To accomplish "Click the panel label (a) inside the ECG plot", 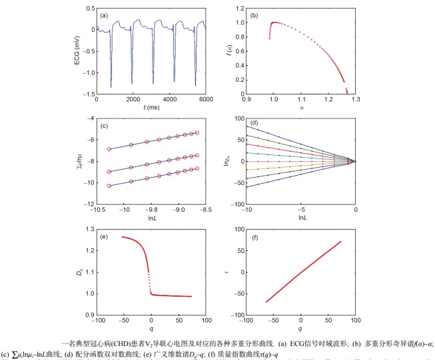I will click(x=104, y=15).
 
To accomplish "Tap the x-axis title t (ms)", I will click(x=153, y=106).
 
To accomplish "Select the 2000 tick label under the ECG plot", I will click(x=135, y=98).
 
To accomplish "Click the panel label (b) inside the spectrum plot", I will click(x=253, y=15).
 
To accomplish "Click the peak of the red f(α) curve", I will click(x=274, y=23).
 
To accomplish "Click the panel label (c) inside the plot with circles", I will click(x=104, y=126).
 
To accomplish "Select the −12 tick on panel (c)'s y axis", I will click(x=89, y=202).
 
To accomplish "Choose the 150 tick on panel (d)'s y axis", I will click(x=238, y=119).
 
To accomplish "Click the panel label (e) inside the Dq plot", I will click(x=104, y=236).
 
